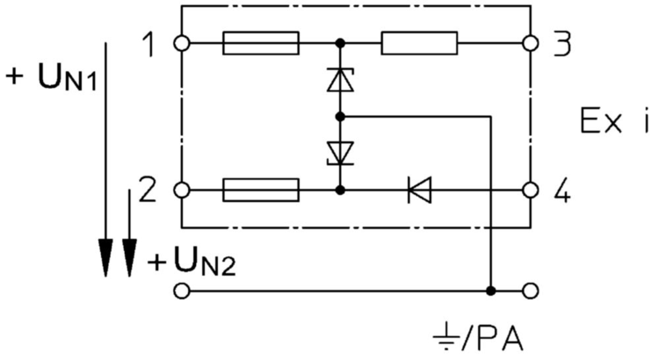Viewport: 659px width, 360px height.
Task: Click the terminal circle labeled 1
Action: (x=182, y=43)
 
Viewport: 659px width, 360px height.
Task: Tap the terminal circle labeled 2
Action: (x=182, y=191)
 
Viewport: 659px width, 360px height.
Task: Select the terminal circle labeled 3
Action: (x=531, y=43)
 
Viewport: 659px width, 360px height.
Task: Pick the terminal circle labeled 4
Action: (x=531, y=191)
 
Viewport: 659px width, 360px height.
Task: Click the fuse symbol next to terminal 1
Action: (x=261, y=43)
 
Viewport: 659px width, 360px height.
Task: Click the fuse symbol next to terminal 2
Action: (x=261, y=191)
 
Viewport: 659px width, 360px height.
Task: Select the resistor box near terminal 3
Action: (x=419, y=43)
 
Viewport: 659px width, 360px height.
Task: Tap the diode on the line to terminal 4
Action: (x=420, y=191)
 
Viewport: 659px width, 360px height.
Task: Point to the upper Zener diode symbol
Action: (x=340, y=79)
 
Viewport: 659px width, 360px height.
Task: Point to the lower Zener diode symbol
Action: (x=340, y=154)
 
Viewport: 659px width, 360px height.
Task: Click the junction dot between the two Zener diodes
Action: (x=340, y=117)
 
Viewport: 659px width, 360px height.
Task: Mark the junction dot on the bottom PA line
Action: (x=490, y=291)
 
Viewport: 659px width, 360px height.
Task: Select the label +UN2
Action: (x=192, y=263)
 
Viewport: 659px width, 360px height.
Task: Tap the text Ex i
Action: (x=614, y=120)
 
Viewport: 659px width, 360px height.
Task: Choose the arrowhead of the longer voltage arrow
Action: (x=105, y=258)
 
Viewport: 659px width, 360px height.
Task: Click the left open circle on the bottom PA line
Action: (x=182, y=291)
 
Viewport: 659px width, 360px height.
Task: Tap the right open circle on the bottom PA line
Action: (x=531, y=291)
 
